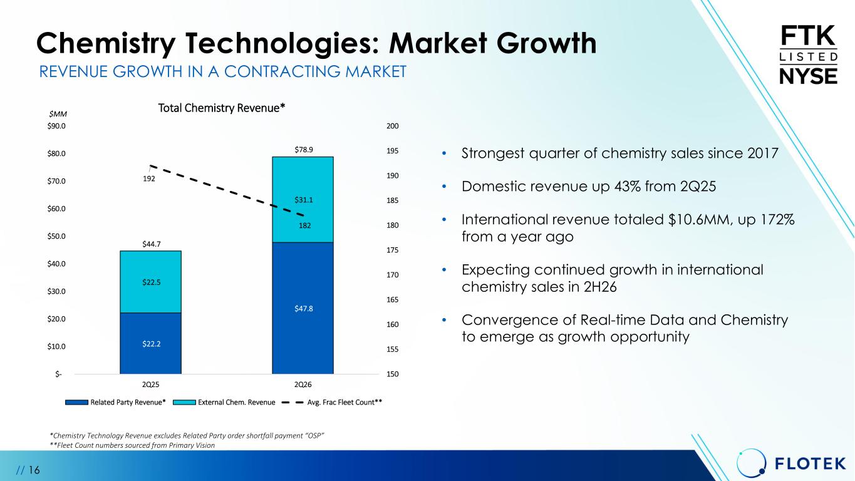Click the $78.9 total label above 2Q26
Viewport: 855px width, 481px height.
303,150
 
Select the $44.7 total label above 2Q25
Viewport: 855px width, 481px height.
151,244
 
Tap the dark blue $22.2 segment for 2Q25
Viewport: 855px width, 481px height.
150,343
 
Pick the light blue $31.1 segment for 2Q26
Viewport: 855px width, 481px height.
303,199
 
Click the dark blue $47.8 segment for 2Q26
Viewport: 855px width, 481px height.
303,308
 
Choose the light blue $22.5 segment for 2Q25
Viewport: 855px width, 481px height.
150,282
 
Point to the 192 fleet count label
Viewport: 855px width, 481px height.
149,178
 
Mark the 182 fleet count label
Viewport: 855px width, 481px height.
304,225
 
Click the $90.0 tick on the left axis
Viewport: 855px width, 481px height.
56,126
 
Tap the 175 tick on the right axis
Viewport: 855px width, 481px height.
392,250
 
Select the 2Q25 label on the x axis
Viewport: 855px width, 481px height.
150,385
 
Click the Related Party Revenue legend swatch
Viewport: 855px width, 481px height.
76,402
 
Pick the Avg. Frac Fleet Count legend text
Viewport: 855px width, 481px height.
345,402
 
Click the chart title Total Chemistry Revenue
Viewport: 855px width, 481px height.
221,108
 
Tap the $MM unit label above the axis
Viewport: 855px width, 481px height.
58,114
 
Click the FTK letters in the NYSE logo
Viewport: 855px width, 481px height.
808,36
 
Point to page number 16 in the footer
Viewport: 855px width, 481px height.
34,470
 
